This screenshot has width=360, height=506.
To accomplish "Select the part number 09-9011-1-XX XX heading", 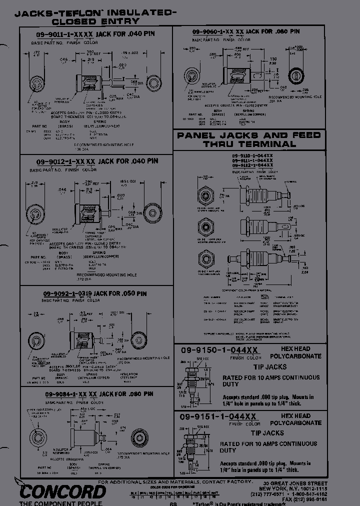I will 65,34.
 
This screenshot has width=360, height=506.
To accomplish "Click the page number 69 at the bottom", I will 173,503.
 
